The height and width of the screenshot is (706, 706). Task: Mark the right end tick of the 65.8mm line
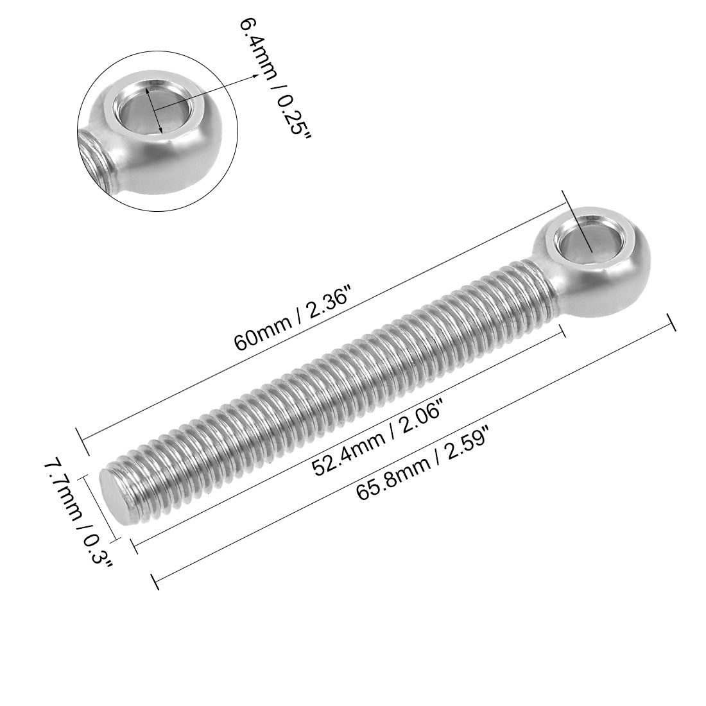click(x=671, y=323)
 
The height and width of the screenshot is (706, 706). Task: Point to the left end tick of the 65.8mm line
click(x=155, y=581)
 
